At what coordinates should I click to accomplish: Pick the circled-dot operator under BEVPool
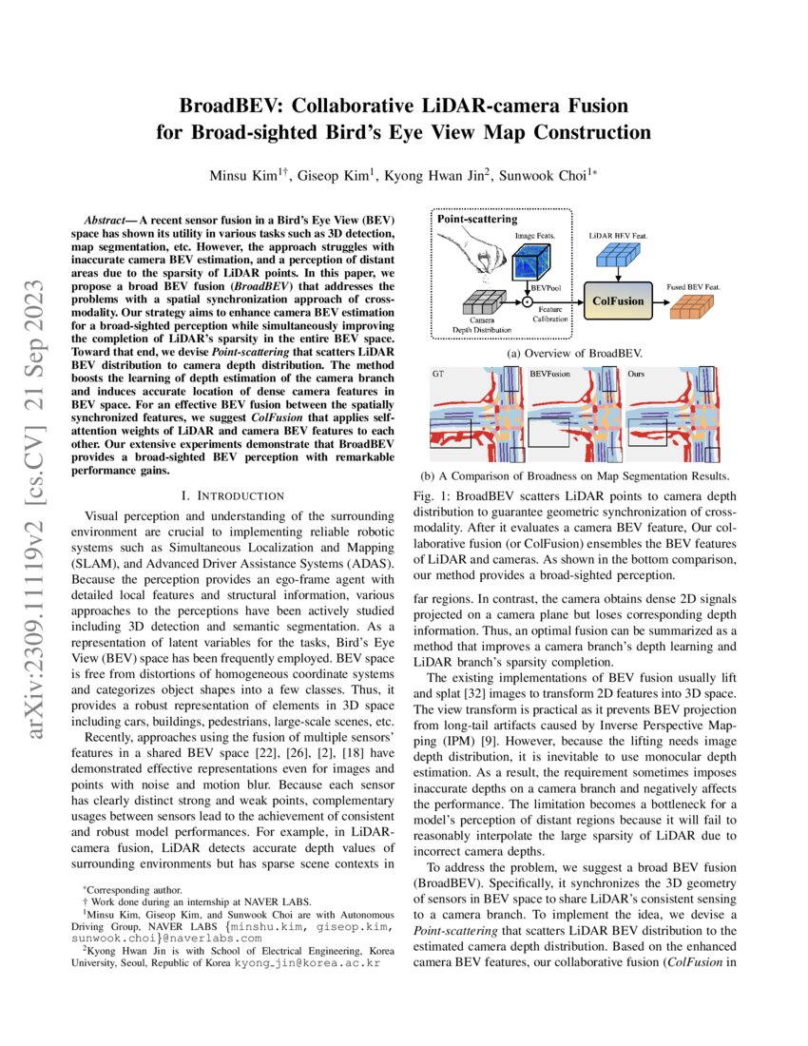tap(525, 301)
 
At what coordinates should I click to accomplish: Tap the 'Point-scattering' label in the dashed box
tap(477, 219)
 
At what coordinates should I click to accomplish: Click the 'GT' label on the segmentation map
tap(438, 375)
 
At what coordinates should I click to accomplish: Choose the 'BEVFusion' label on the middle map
tap(549, 375)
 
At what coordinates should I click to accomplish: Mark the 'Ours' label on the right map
tap(637, 375)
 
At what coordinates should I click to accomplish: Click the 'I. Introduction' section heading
tap(233, 495)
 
